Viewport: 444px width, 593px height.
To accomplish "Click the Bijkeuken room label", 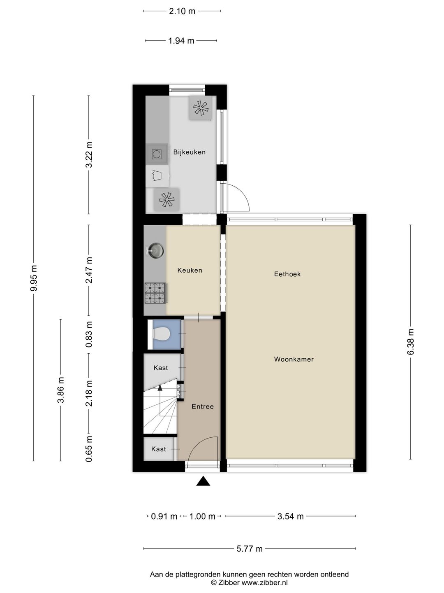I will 189,152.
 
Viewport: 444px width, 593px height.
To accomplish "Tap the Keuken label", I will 190,271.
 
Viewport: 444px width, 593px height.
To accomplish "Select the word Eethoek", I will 287,274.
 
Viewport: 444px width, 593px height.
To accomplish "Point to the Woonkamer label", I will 294,359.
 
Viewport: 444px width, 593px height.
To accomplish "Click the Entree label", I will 202,406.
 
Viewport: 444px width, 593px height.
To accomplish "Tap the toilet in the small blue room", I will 162,334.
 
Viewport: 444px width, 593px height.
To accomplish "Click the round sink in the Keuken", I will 156,250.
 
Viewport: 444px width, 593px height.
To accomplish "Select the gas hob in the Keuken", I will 155,293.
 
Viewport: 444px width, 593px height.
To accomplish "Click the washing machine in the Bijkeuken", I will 157,154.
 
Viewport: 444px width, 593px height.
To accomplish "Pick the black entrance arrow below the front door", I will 203,481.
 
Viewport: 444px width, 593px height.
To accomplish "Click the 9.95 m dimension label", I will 34,278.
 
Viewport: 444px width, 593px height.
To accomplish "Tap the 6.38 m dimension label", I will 410,342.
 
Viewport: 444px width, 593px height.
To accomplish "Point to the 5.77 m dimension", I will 249,549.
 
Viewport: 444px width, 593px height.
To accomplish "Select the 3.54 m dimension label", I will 290,516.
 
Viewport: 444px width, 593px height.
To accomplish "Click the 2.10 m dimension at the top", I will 182,11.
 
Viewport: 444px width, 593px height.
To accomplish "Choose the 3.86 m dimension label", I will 61,390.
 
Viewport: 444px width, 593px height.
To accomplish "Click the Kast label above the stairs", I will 160,368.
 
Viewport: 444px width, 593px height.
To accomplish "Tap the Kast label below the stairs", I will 158,449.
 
